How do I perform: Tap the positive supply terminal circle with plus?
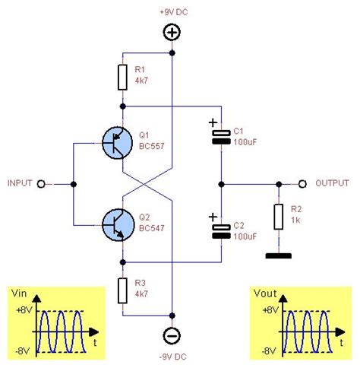(172, 33)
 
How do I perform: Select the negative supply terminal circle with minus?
(172, 335)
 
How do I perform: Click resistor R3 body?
(122, 290)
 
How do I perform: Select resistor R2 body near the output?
(279, 216)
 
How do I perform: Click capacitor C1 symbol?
(221, 136)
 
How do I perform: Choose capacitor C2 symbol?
(221, 230)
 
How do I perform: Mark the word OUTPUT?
(333, 183)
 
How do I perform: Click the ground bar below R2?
(279, 255)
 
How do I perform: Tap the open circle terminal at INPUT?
(42, 183)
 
